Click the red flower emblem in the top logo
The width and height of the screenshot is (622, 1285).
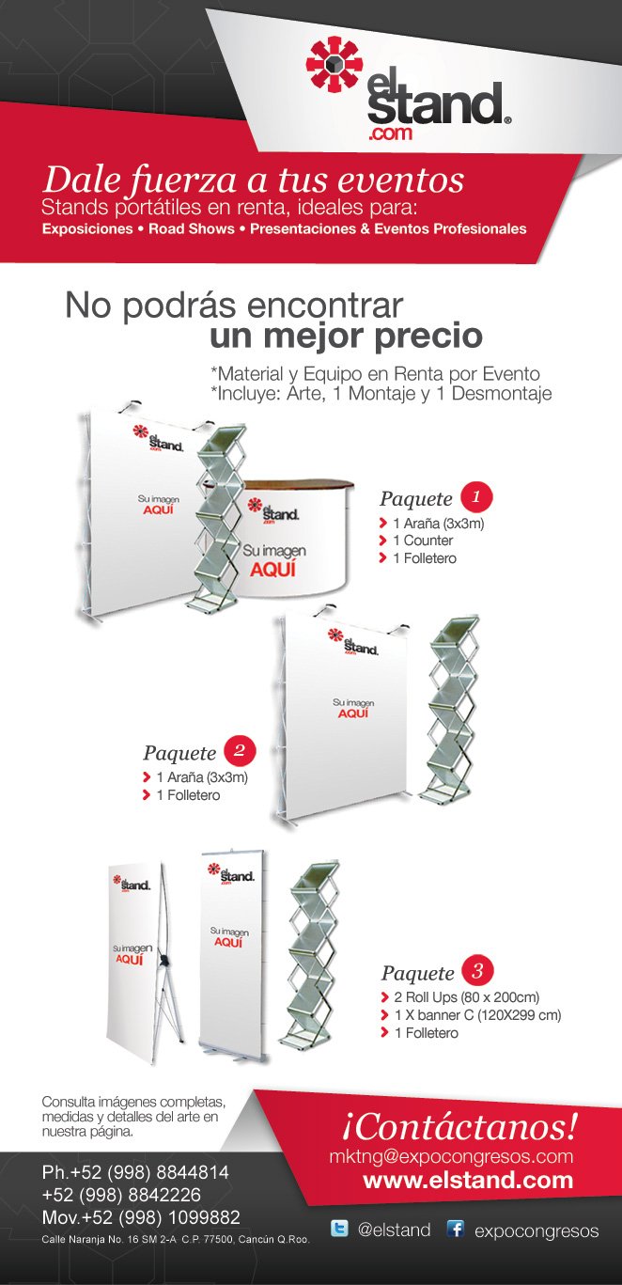click(x=334, y=64)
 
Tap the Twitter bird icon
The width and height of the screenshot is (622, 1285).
click(x=339, y=1229)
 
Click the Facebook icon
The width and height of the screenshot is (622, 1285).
click(x=456, y=1229)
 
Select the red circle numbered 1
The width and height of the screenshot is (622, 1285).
click(x=476, y=496)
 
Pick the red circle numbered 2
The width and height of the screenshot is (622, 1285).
click(x=240, y=750)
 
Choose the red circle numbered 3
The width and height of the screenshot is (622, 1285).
click(x=477, y=970)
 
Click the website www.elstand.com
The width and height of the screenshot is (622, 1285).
click(x=468, y=1180)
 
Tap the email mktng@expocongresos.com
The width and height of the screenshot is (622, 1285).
click(x=451, y=1156)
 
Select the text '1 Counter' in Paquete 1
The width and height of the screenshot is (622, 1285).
click(x=423, y=541)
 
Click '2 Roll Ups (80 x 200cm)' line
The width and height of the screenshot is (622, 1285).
click(x=467, y=997)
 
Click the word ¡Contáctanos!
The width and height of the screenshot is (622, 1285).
click(x=459, y=1125)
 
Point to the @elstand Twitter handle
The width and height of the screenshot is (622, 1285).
click(x=394, y=1230)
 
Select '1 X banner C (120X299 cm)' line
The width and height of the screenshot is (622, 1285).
click(x=477, y=1015)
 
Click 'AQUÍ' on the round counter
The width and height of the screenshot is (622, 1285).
click(x=272, y=570)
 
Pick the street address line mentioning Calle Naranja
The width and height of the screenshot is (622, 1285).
click(x=176, y=1239)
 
